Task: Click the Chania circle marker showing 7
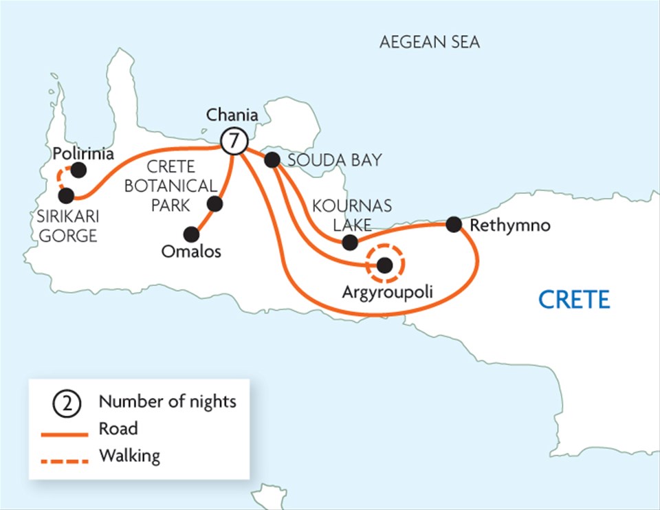pyautogui.click(x=234, y=142)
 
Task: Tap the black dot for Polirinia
pyautogui.click(x=80, y=168)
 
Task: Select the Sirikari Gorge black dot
pyautogui.click(x=66, y=195)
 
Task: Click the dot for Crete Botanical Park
pyautogui.click(x=215, y=204)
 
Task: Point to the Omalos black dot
pyautogui.click(x=187, y=234)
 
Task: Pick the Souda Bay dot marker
pyautogui.click(x=272, y=160)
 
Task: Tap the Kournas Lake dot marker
pyautogui.click(x=350, y=242)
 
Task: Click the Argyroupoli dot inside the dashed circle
pyautogui.click(x=385, y=265)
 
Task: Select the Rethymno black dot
pyautogui.click(x=453, y=224)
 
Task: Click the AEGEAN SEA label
pyautogui.click(x=430, y=43)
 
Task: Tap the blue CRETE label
pyautogui.click(x=573, y=300)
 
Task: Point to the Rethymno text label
pyautogui.click(x=510, y=225)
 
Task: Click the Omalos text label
pyautogui.click(x=191, y=252)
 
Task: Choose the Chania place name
pyautogui.click(x=232, y=115)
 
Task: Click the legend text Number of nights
pyautogui.click(x=167, y=401)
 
